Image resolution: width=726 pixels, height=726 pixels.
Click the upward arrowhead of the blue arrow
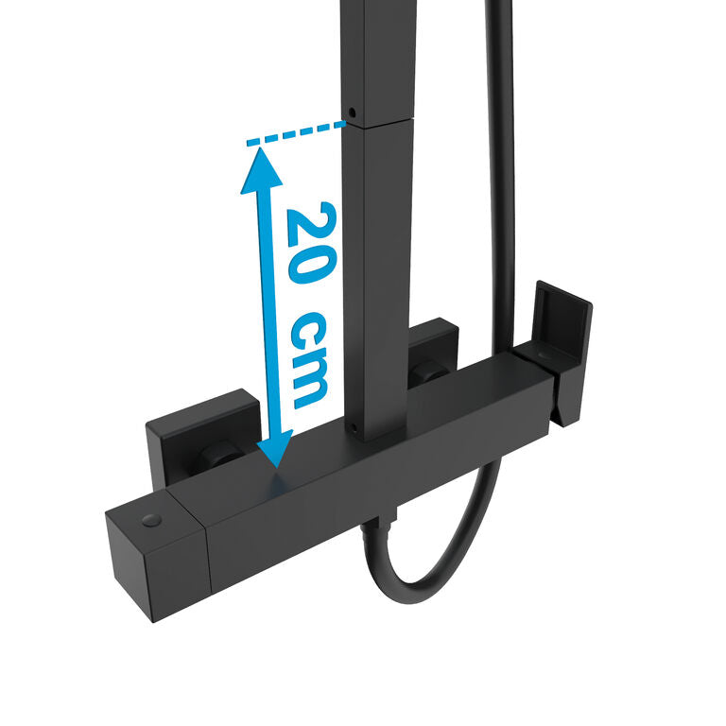[x=262, y=170]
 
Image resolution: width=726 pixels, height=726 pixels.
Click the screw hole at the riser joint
[x=352, y=112]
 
